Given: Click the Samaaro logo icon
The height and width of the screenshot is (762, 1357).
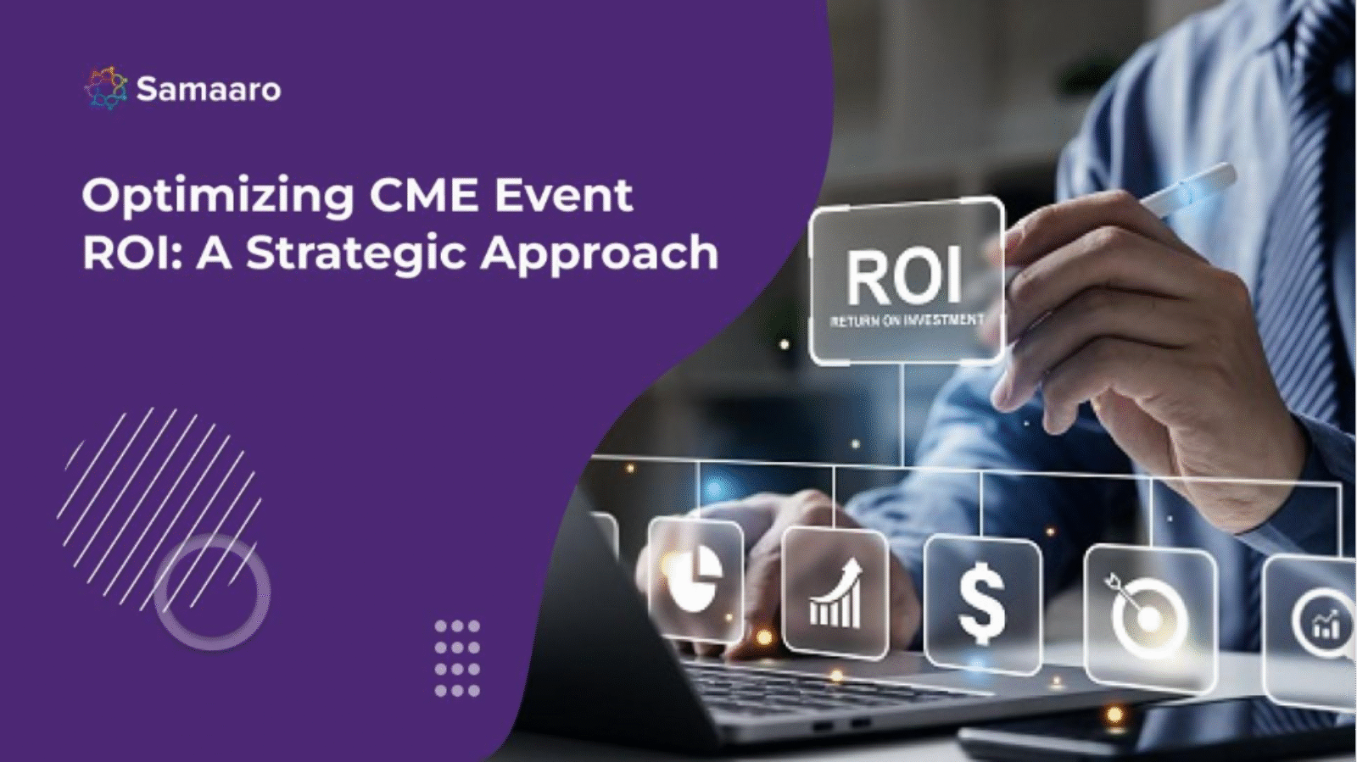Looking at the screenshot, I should coord(106,88).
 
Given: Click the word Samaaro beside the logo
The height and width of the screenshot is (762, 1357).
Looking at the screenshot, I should coord(209,89).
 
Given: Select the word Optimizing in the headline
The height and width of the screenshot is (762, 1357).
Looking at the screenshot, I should coord(217,197).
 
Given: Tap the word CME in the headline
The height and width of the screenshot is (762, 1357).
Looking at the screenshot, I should coord(424,195).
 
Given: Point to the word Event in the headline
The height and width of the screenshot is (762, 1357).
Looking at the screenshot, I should coord(563,195).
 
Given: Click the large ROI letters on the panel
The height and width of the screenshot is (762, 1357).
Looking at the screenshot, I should coord(904,277).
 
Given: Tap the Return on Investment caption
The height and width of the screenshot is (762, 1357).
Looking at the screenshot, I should coord(907,320).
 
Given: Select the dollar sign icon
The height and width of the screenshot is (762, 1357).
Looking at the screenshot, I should coord(982,604).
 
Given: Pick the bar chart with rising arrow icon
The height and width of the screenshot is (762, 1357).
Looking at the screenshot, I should coord(835,593).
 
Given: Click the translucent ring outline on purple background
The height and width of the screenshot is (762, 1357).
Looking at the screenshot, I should coord(212,592).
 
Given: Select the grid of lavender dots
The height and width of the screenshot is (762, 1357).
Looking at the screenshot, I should coord(457,658).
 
